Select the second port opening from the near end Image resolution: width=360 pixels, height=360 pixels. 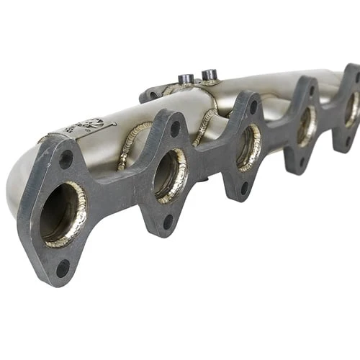(x=168, y=174)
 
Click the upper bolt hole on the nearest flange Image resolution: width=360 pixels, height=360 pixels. (x=66, y=159)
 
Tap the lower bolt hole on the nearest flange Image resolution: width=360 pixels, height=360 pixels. (x=63, y=268)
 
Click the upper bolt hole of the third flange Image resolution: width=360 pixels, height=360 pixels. (x=253, y=107)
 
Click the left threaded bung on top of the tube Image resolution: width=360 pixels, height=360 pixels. (x=186, y=78)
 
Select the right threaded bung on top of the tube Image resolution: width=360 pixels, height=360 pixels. (x=210, y=74)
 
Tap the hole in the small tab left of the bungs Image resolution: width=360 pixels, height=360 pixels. (x=153, y=94)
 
